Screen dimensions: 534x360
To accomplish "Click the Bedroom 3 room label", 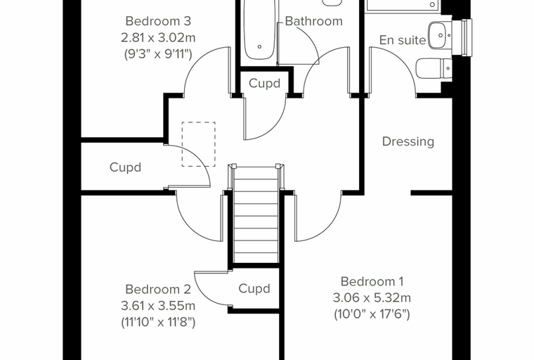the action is click(x=158, y=21).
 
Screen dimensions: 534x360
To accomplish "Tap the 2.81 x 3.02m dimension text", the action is click(x=158, y=37).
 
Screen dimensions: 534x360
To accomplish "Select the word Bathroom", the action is click(x=313, y=21).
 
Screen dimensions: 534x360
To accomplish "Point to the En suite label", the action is click(x=403, y=40).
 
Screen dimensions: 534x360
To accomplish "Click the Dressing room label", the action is click(x=408, y=142).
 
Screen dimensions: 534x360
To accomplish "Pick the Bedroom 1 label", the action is click(x=372, y=281).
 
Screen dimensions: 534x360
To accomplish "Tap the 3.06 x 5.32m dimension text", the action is click(x=372, y=298).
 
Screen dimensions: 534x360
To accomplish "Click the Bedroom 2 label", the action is click(x=158, y=290).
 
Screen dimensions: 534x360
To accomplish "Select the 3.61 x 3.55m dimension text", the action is click(x=158, y=306).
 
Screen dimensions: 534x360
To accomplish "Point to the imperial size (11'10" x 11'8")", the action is click(x=158, y=322).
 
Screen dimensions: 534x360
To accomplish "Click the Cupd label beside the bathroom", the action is click(x=265, y=83).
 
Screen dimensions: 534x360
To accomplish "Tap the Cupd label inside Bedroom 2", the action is click(x=254, y=288).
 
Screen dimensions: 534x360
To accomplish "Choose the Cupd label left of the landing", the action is click(x=125, y=167).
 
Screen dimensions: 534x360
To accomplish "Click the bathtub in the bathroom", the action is click(x=259, y=30).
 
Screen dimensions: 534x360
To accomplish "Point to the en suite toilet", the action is click(x=434, y=68).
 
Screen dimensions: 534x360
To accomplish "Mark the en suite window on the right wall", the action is click(x=462, y=37).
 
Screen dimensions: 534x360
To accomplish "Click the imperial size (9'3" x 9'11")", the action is click(x=158, y=54).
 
